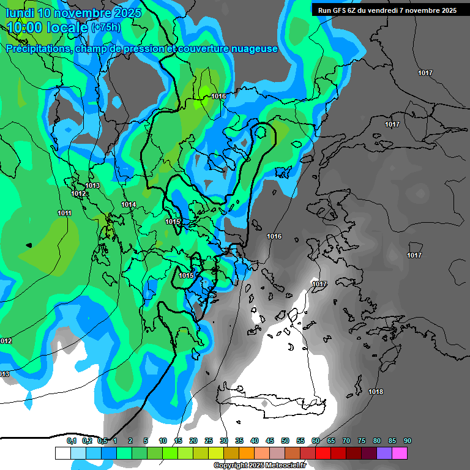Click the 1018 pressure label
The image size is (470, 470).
[375, 392]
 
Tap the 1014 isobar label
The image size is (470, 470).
[129, 204]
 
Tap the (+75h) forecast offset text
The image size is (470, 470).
[106, 27]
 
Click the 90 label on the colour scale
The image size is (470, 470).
[407, 441]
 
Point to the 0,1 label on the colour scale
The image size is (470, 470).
[72, 441]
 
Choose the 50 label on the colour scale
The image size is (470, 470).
[285, 441]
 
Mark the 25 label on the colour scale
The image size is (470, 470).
[209, 441]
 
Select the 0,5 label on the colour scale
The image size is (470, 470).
[102, 441]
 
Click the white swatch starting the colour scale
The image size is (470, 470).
[62, 453]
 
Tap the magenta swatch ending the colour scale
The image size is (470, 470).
[399, 453]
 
